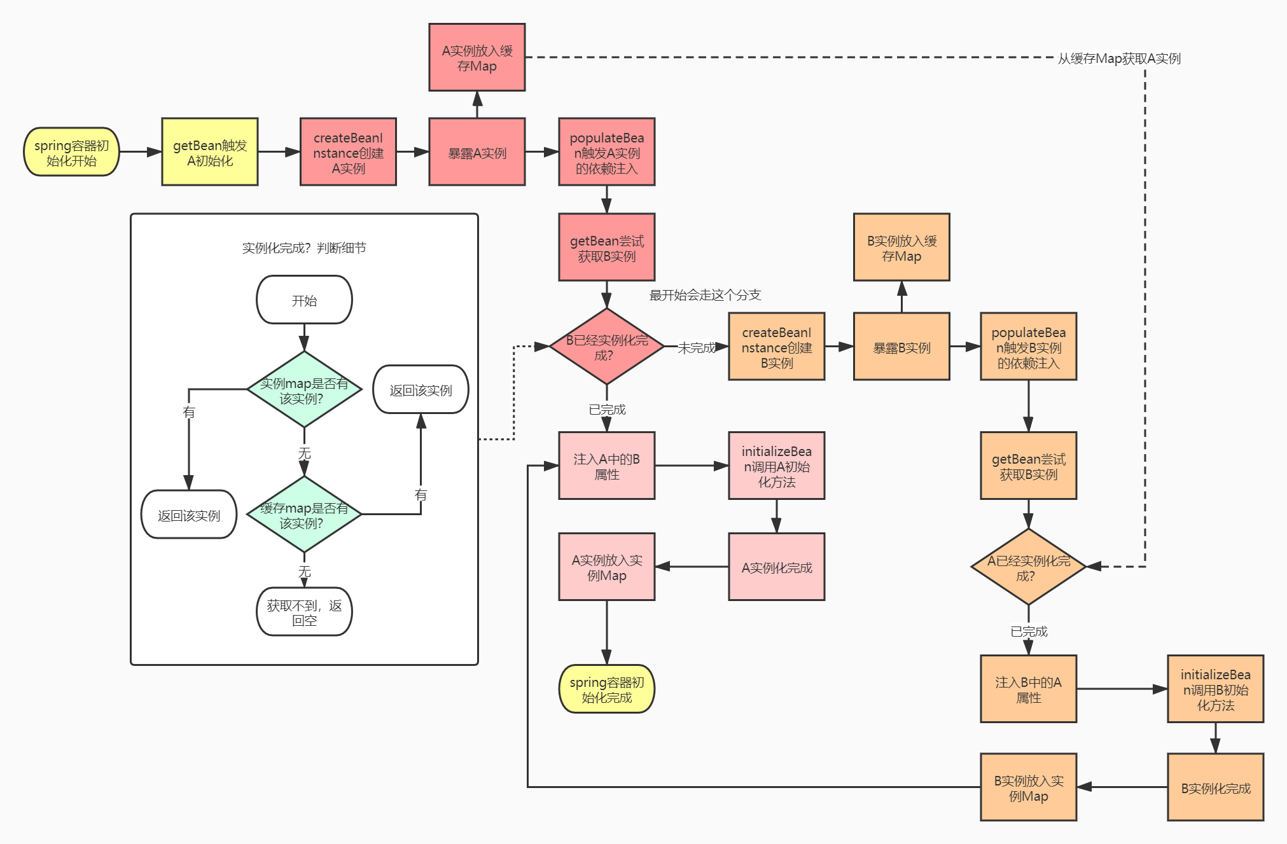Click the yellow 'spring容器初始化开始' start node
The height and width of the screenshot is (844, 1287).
pos(71,153)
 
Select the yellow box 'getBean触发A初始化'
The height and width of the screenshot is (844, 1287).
pos(210,153)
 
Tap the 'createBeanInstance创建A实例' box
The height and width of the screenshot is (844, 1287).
pos(348,153)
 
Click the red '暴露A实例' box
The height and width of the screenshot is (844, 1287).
pos(477,153)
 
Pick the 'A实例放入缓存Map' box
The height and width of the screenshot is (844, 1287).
pos(477,58)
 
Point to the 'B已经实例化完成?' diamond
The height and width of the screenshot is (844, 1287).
pos(607,347)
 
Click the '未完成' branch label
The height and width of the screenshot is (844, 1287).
pos(696,348)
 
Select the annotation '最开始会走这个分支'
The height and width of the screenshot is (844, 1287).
pos(705,295)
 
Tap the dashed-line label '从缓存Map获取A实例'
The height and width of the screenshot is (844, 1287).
pos(1119,59)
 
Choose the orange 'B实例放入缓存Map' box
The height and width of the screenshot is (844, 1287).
pos(901,248)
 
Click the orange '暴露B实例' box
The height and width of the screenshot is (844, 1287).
pos(901,347)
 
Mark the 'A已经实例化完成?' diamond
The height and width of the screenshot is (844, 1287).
pos(1028,567)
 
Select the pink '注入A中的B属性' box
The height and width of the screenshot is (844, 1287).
pos(607,466)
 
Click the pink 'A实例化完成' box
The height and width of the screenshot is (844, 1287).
pos(777,567)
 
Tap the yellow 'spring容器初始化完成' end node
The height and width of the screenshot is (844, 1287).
pos(607,689)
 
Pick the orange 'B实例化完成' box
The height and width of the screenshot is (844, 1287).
pos(1216,788)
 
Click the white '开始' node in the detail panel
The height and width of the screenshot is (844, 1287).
pos(304,300)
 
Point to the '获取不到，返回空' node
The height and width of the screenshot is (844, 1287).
pos(304,612)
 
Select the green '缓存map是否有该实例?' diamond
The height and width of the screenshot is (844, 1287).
pos(304,515)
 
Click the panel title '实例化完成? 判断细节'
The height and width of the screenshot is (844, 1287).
pos(304,248)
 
